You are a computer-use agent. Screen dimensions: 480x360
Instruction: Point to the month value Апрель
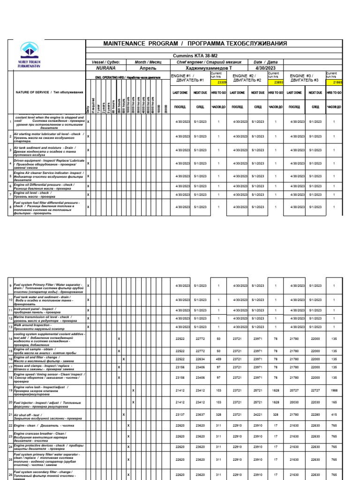148,68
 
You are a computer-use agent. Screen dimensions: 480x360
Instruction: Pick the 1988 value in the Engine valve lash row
334,390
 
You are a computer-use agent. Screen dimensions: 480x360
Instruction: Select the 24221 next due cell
258,415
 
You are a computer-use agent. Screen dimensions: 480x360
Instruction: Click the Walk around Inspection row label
33,324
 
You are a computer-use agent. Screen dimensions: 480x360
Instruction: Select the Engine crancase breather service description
42,436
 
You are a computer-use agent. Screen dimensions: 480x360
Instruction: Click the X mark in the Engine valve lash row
134,390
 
